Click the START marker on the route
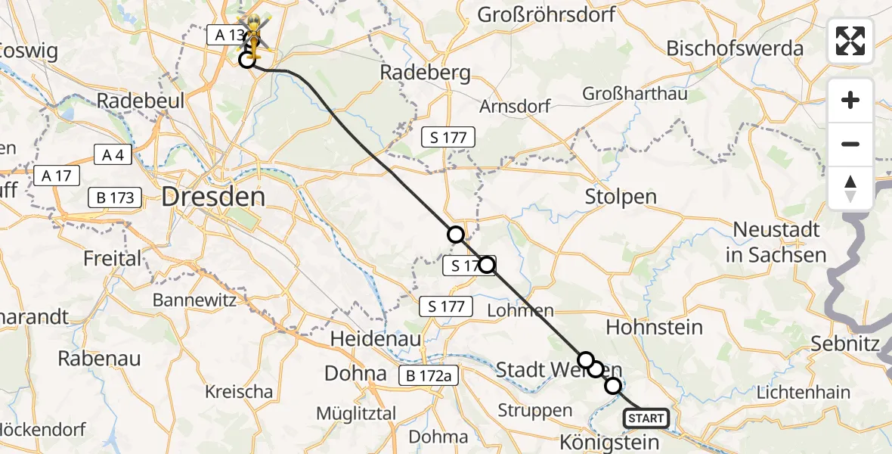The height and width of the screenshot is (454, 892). click(x=646, y=418)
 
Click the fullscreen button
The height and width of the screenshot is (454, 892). click(x=850, y=41)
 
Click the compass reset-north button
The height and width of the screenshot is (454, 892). click(x=850, y=188)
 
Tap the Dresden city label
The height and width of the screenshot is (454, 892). click(x=213, y=198)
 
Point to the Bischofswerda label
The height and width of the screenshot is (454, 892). click(x=734, y=48)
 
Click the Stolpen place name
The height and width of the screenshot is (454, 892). click(x=621, y=197)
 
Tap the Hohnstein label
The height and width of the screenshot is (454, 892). click(x=654, y=328)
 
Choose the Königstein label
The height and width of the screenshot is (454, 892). click(x=610, y=441)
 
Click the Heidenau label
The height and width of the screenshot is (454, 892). click(x=375, y=339)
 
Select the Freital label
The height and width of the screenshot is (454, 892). click(x=113, y=259)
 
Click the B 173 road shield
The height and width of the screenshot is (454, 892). click(x=115, y=198)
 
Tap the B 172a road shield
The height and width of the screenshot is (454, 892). click(x=429, y=375)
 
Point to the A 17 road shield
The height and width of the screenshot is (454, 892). click(x=57, y=176)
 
